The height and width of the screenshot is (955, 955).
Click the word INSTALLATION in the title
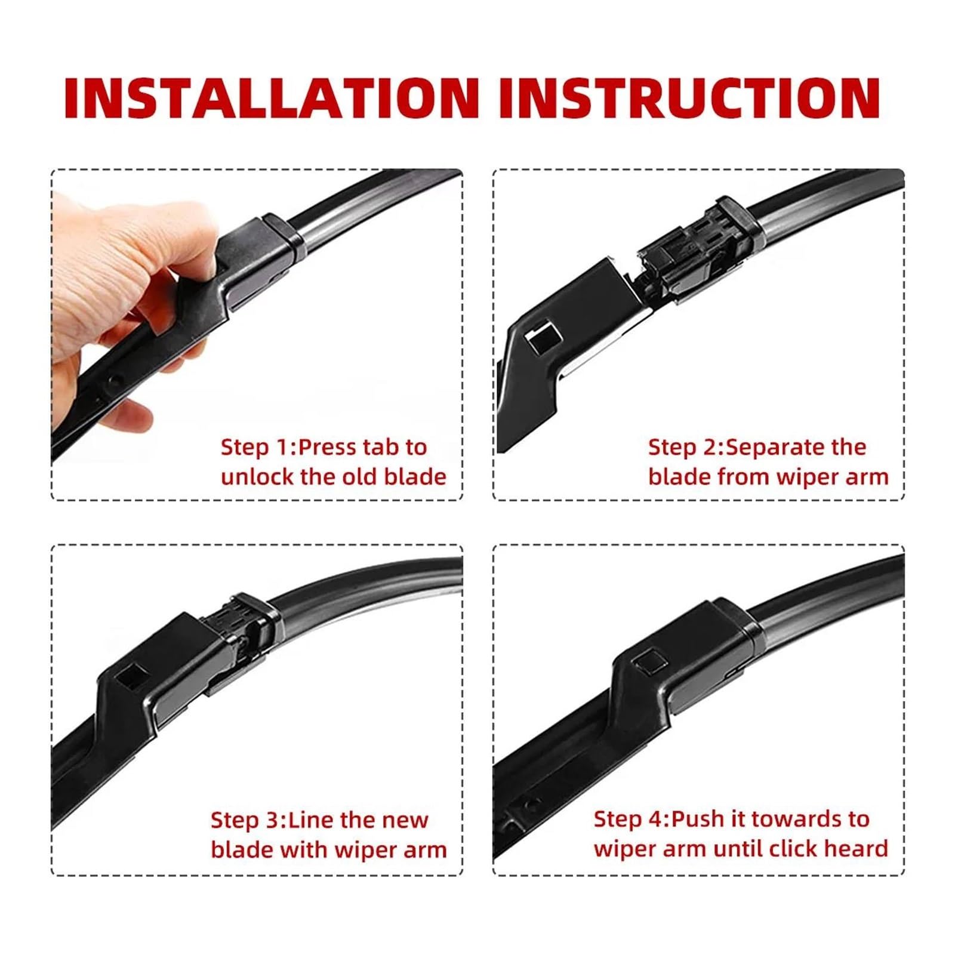pos(272,98)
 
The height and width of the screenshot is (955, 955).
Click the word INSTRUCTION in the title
pos(689,98)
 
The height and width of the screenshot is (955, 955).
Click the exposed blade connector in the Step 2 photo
pos(692,254)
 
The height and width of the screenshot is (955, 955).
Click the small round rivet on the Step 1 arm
pos(113,380)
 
